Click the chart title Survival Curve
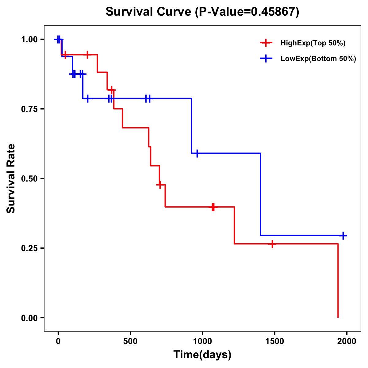pos(202,12)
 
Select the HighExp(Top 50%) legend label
pos(313,43)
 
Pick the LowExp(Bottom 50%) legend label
pos(318,59)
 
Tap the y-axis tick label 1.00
pos(29,40)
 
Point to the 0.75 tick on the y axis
pos(29,109)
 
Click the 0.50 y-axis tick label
pos(29,179)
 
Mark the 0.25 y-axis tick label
pos(29,248)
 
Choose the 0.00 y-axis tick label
pos(29,318)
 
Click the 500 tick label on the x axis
pos(130,341)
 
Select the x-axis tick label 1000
pos(202,341)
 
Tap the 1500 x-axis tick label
pos(274,341)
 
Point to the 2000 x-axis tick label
pos(347,341)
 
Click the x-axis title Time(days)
pos(202,355)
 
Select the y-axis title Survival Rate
pos(11,178)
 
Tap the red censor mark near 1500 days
pos(272,244)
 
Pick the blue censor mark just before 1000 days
pos(197,153)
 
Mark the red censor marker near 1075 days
pos(213,207)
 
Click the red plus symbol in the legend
pos(266,43)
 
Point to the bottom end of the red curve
pos(338,317)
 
